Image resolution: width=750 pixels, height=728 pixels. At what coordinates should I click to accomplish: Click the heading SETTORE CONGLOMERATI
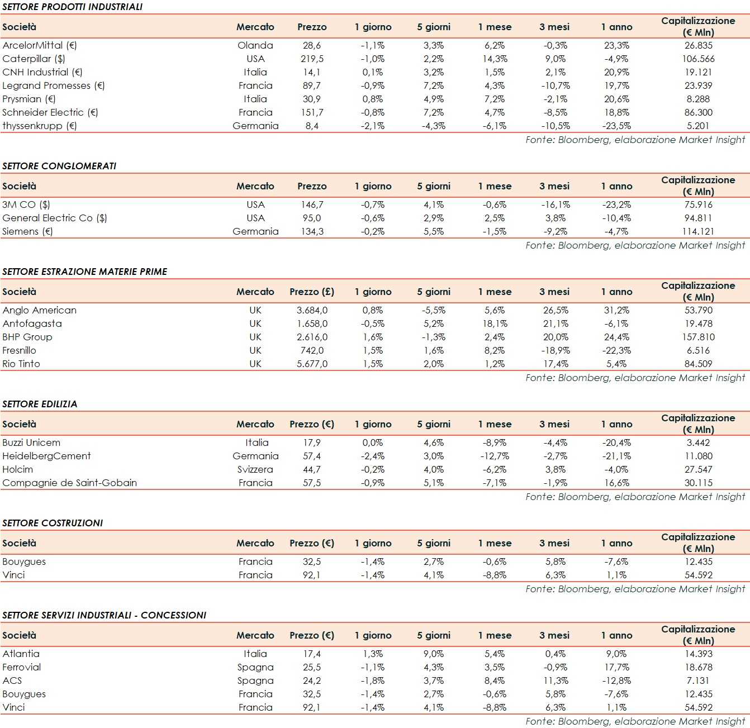[59, 166]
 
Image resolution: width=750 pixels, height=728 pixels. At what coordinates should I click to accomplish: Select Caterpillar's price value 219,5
[312, 59]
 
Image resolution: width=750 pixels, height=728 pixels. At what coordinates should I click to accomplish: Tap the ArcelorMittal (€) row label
[40, 45]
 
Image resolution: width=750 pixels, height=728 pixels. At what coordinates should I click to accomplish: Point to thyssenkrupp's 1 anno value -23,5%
[616, 126]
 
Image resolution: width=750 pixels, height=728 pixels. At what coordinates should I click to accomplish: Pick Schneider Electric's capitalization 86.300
[698, 112]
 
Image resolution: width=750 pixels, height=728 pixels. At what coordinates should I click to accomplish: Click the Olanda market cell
[255, 45]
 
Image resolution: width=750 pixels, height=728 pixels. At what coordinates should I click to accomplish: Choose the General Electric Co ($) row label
[55, 218]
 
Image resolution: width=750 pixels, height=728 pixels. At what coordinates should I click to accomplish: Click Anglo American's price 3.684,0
[312, 310]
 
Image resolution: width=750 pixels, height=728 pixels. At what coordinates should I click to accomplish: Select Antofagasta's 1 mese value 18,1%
[495, 323]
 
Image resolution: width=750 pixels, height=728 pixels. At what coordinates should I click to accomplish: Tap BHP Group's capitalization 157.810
[698, 337]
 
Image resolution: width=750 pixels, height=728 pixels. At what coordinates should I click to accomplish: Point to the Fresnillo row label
[20, 350]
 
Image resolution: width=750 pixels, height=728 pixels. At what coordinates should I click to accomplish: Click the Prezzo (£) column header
[312, 292]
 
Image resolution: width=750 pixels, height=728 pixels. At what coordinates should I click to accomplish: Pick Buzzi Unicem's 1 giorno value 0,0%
[373, 442]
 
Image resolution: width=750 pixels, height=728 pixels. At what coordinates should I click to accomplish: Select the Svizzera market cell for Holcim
[255, 469]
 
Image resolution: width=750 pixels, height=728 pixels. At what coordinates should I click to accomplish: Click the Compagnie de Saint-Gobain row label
[70, 483]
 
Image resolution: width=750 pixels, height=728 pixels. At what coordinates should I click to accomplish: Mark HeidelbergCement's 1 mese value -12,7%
[495, 456]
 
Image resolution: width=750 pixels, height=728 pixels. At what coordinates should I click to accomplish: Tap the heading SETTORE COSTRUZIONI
[53, 523]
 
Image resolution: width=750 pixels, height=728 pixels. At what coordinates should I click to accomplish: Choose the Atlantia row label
[21, 654]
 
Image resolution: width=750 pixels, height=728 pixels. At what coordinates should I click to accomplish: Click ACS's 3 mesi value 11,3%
[555, 681]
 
